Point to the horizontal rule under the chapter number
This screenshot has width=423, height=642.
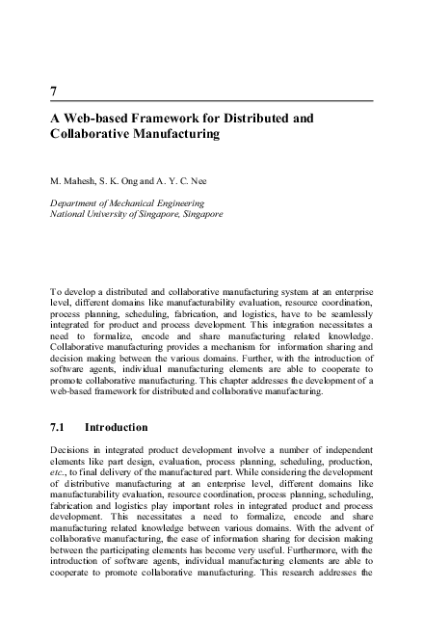pyautogui.click(x=212, y=100)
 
